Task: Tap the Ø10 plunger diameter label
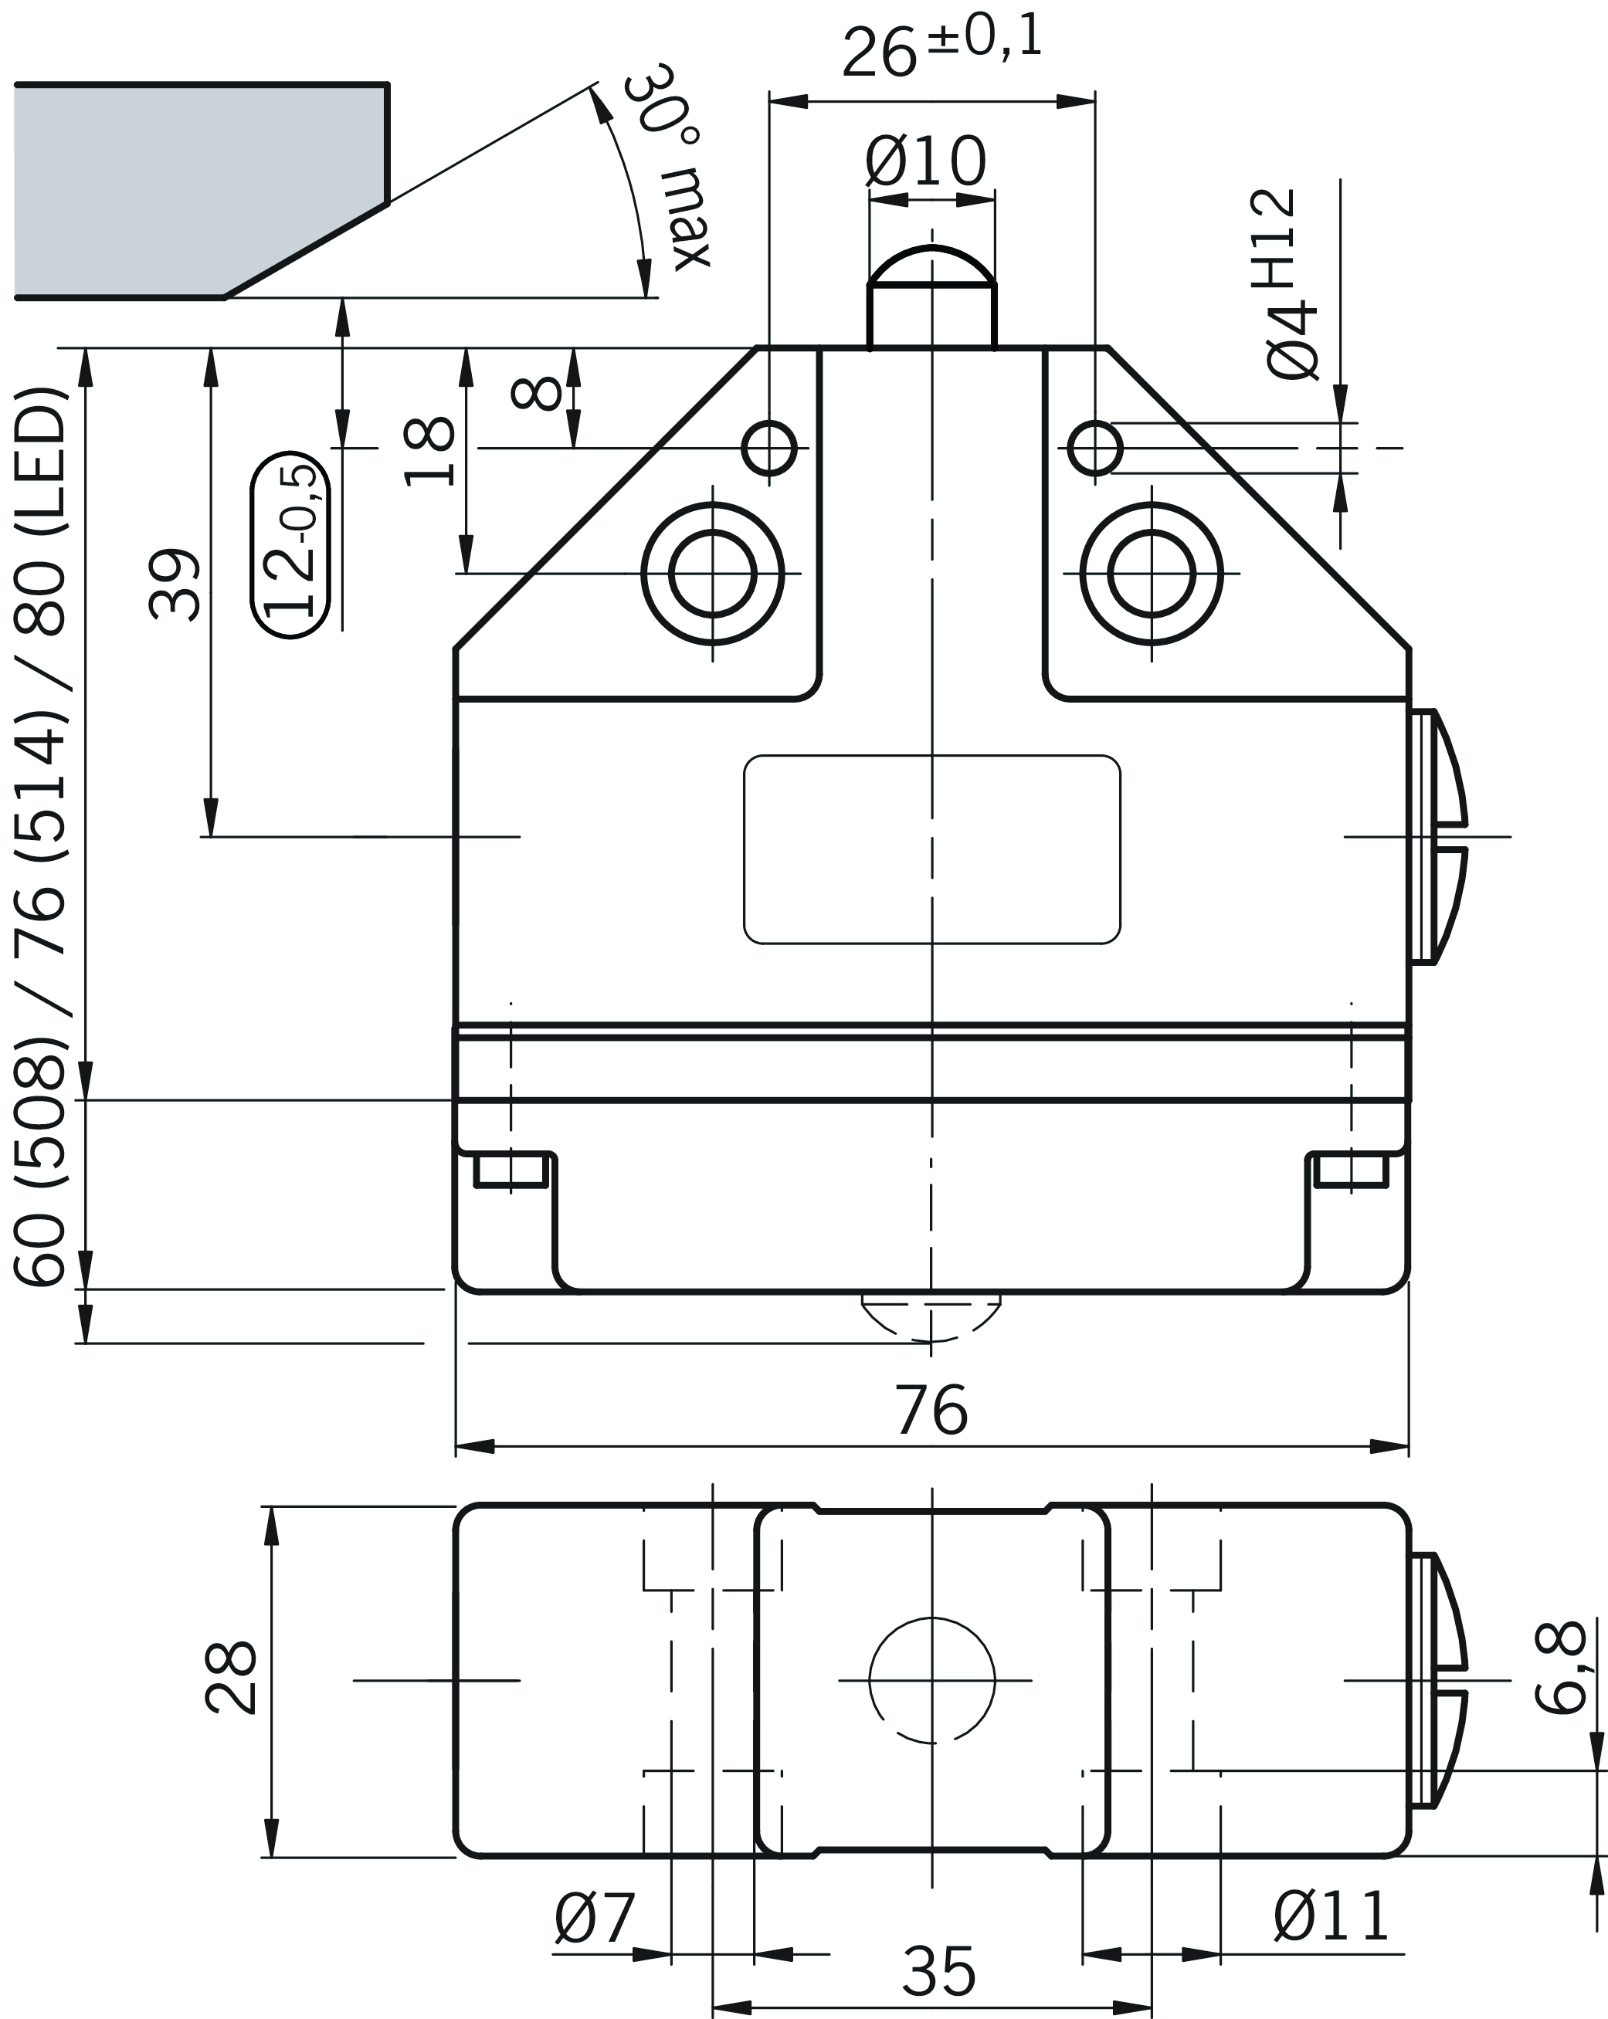[925, 161]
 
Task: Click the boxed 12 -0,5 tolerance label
[291, 544]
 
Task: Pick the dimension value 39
[175, 584]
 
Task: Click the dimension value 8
[537, 393]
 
